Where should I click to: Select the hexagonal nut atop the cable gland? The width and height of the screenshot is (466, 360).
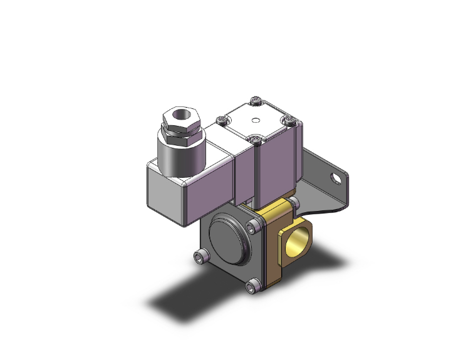[x=177, y=122]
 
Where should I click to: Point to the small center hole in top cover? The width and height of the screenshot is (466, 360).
[x=255, y=119]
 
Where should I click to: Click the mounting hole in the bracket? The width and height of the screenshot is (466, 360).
[x=339, y=177]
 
